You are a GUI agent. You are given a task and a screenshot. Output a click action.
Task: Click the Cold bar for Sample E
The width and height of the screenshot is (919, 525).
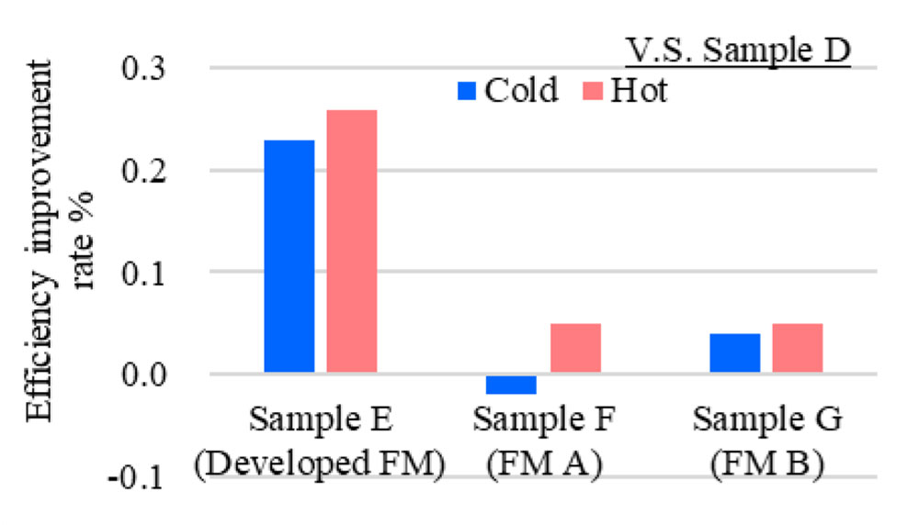coord(289,257)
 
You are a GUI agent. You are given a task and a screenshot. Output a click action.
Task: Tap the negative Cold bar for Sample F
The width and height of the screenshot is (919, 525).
coord(511,384)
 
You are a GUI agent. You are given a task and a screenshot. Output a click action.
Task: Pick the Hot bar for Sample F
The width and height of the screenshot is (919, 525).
coord(575,349)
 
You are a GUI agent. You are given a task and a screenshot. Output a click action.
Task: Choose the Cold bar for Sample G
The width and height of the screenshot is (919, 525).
coord(735,353)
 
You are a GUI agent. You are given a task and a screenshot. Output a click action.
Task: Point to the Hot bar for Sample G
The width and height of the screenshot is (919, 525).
coord(798,349)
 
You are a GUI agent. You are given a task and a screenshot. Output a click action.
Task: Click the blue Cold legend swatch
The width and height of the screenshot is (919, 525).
coord(466,91)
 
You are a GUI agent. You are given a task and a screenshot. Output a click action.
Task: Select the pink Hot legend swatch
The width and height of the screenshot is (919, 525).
coord(592,91)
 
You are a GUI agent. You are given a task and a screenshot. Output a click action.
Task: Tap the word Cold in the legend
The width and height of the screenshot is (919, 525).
coord(520,91)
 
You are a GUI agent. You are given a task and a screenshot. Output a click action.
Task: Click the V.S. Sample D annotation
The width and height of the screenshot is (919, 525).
coord(738,52)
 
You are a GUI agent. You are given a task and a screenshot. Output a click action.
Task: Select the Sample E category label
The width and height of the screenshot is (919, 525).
coord(321,422)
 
